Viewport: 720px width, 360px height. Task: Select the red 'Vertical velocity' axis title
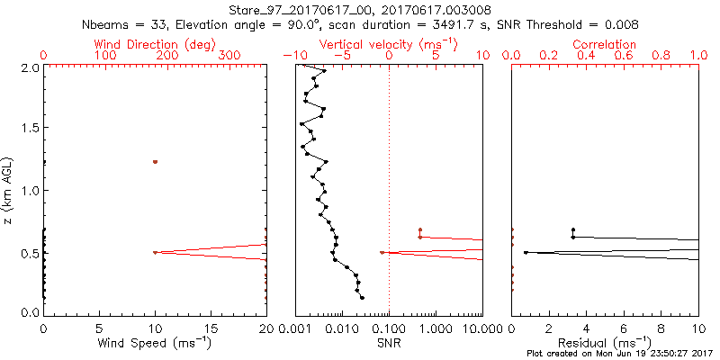(x=388, y=44)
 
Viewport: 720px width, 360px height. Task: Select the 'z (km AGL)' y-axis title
(x=11, y=189)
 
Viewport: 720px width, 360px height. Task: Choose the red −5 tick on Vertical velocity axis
(x=342, y=56)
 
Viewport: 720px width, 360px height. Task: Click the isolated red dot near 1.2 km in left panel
(x=155, y=162)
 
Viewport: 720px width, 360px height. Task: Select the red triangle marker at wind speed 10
(x=155, y=253)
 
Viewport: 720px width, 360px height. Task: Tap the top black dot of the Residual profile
(x=572, y=229)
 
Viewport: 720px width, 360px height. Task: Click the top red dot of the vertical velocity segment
(x=419, y=229)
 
